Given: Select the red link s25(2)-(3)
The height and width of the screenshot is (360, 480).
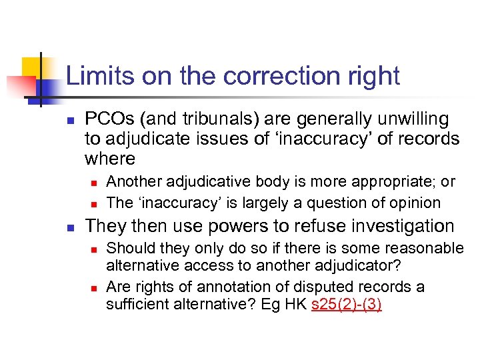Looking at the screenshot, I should tap(346, 306).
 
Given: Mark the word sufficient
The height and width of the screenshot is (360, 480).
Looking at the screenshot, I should tap(137, 306).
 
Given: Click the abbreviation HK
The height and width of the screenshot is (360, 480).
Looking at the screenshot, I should tap(296, 306).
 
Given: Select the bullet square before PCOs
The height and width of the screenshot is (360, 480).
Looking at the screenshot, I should tap(69, 121).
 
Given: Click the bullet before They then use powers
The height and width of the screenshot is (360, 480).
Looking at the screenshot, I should tap(69, 227).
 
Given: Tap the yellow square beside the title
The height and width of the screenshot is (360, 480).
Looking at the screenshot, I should tap(33, 67).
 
